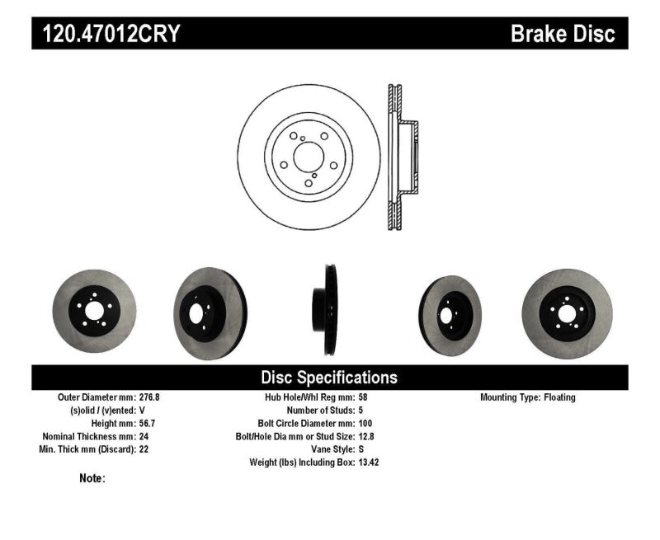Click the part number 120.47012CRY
[106, 34]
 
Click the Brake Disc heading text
[563, 34]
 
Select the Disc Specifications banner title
[329, 378]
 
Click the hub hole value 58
[364, 397]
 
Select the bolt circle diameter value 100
[366, 424]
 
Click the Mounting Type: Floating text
[528, 397]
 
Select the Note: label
[92, 478]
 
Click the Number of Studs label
[320, 411]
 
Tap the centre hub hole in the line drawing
[309, 157]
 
